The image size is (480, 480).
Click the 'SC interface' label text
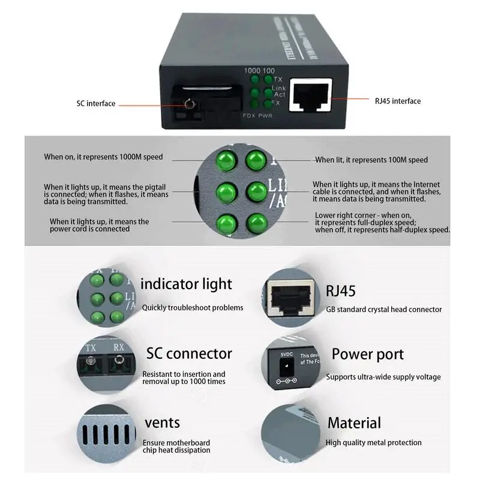pos(95,103)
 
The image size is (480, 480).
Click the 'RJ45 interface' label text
pos(398,101)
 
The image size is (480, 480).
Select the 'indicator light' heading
pos(186,284)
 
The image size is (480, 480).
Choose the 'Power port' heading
pos(368,354)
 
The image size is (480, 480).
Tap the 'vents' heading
pos(162,423)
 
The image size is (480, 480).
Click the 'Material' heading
pos(354,422)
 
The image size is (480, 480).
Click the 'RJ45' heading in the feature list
pos(341,291)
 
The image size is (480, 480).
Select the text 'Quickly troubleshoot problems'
pos(193,308)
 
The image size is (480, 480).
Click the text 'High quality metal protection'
pos(373,443)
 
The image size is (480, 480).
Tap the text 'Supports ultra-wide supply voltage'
pos(383,377)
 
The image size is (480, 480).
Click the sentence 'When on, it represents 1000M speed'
pos(103,157)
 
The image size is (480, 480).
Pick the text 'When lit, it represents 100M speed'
pos(372,160)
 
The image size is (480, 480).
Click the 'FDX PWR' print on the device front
pos(257,115)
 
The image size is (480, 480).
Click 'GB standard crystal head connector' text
pos(384,310)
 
